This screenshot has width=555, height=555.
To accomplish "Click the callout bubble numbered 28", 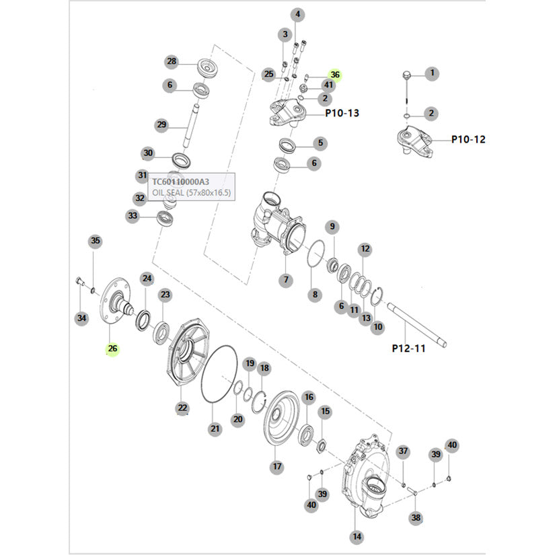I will (x=172, y=62).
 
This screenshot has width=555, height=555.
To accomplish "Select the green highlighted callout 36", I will (x=335, y=75).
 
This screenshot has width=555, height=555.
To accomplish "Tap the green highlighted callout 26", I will (x=112, y=348).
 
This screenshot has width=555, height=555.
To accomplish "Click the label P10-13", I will (x=342, y=113).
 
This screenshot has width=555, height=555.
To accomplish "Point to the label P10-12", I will (x=468, y=139).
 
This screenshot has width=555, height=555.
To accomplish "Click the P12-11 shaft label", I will (x=408, y=348).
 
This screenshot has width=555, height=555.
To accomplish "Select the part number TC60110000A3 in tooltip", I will (x=180, y=182).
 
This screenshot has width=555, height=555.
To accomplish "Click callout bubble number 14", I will (x=357, y=537).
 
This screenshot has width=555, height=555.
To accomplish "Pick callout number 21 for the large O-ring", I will (x=215, y=429).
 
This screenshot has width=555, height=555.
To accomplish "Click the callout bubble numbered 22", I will (x=182, y=408).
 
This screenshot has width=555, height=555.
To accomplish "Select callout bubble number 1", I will (x=432, y=73).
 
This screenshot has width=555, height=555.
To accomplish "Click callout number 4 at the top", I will (x=298, y=14).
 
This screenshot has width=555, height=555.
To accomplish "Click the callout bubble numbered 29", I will (x=161, y=124).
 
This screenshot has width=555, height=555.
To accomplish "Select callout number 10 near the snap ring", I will (x=378, y=327).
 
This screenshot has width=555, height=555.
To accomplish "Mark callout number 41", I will (x=328, y=85).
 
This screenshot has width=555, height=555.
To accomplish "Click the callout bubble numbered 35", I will (x=95, y=241).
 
